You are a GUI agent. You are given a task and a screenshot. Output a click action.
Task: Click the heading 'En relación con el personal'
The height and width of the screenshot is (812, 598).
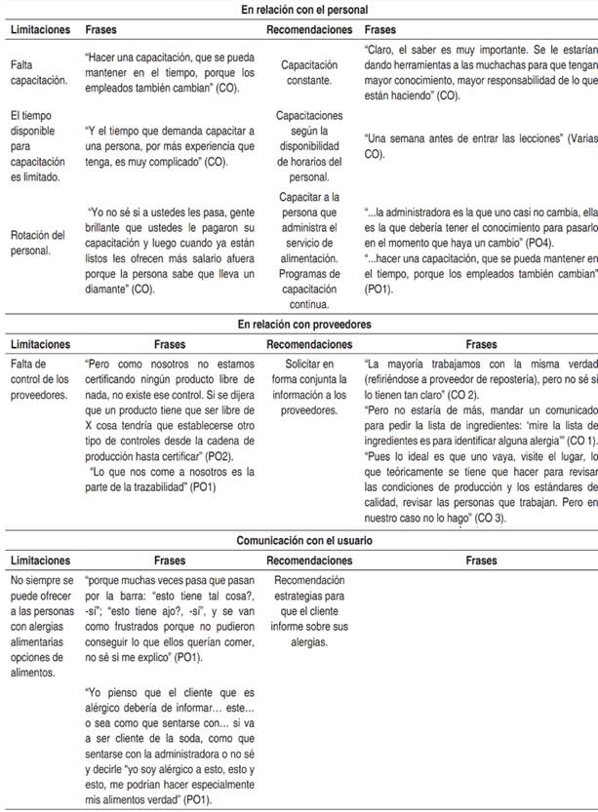coord(299,10)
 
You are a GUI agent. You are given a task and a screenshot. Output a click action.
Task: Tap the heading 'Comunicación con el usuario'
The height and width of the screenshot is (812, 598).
coord(299,539)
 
